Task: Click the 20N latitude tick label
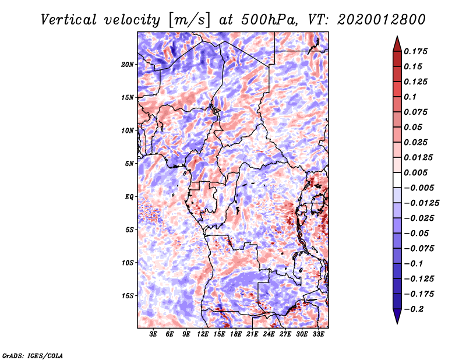[128, 64]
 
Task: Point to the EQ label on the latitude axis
[129, 197]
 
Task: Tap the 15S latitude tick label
[128, 296]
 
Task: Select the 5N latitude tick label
[130, 164]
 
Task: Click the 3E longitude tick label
[153, 335]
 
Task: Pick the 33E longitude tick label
[319, 335]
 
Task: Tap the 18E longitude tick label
[236, 335]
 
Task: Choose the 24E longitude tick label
[269, 335]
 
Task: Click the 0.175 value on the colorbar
[416, 51]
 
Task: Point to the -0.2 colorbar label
[415, 309]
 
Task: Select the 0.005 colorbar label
[416, 172]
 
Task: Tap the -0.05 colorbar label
[416, 233]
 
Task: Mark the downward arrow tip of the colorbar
[397, 322]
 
